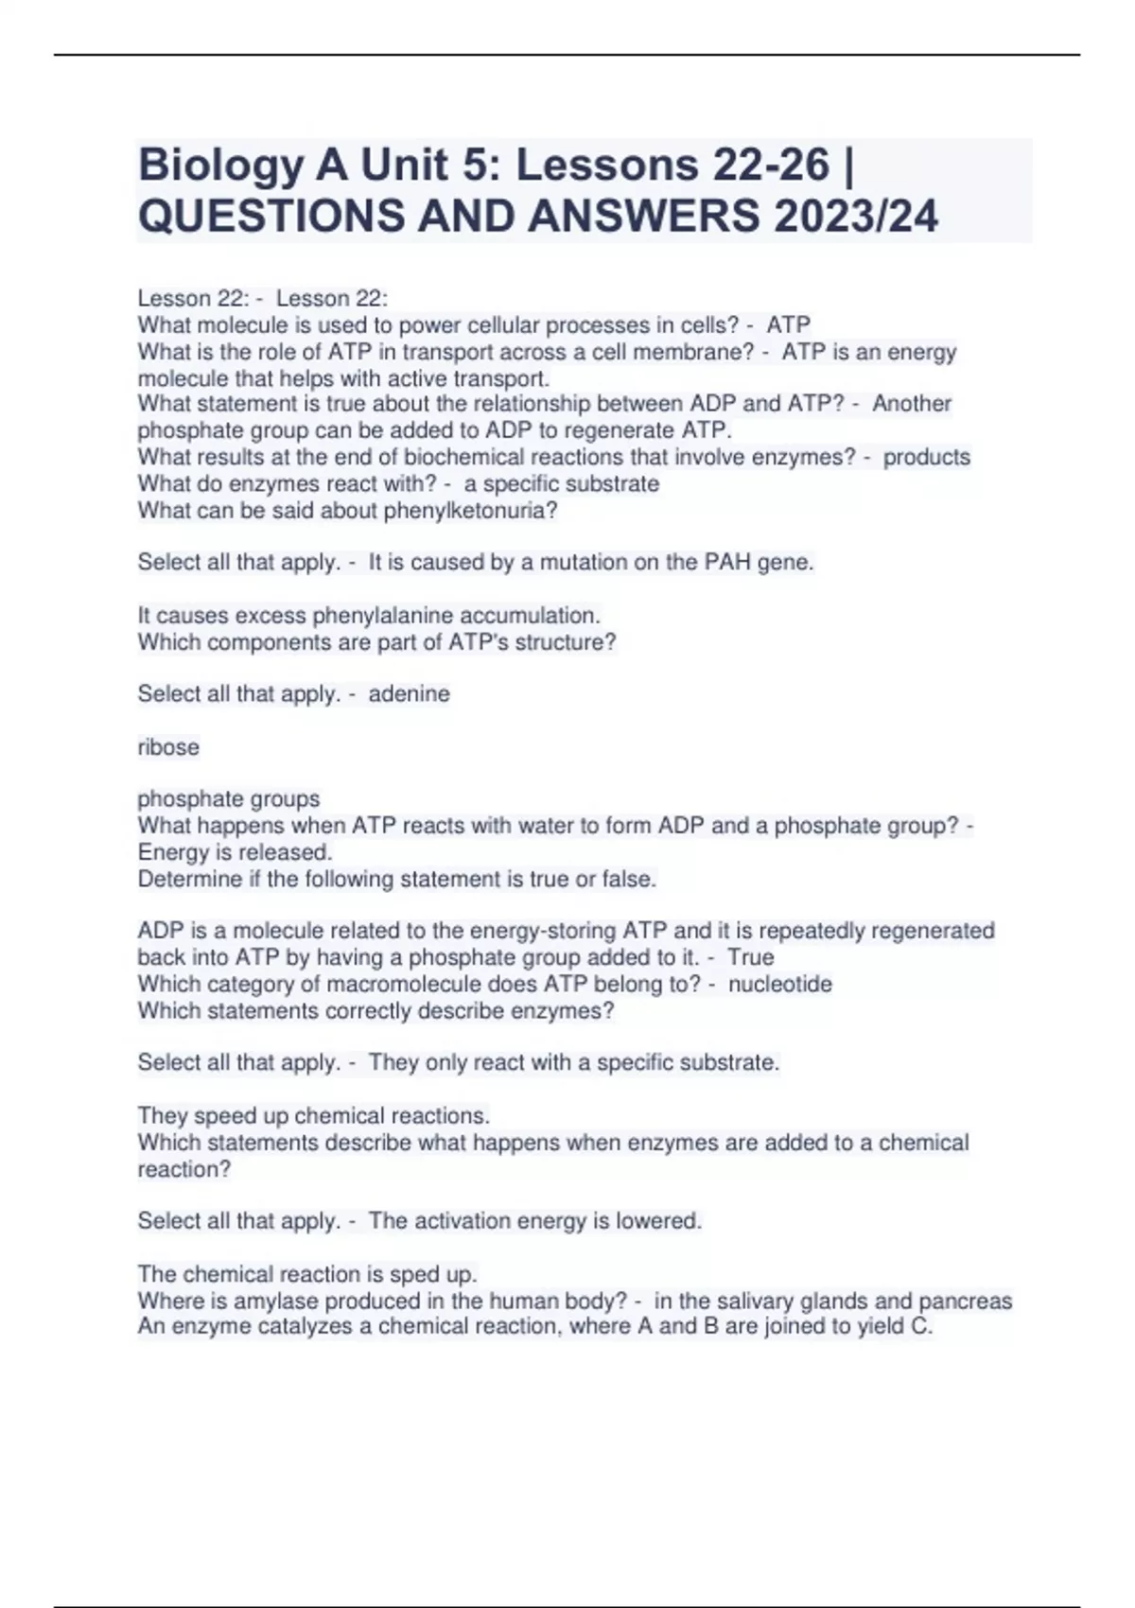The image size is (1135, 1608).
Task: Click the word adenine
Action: coord(409,693)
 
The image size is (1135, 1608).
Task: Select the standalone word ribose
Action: coord(168,746)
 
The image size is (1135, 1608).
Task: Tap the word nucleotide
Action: coord(780,984)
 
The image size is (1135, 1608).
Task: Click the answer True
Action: coord(751,957)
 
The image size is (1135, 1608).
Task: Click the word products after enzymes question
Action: coord(927,457)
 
